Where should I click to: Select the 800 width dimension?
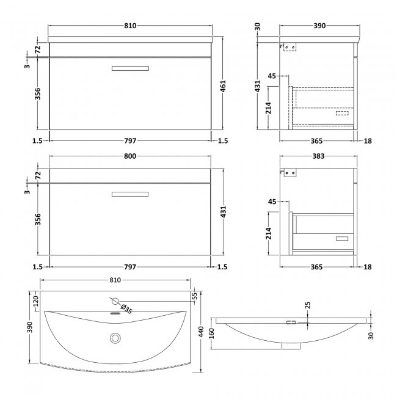129,156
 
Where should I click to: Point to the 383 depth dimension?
318,156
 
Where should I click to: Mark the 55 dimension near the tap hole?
195,296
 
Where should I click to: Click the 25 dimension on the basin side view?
308,304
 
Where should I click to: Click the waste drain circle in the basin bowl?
114,338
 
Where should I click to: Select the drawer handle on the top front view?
130,68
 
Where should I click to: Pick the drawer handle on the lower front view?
130,194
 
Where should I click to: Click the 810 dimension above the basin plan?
115,280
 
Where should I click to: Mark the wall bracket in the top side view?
292,46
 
